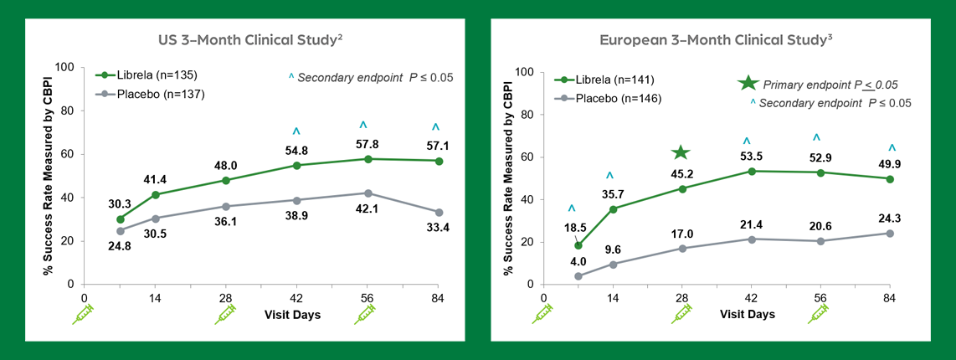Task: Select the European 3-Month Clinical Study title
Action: [715, 39]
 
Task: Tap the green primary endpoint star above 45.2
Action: [681, 152]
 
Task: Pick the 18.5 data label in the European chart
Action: [575, 229]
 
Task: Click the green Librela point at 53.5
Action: [752, 171]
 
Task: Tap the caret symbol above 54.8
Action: [296, 132]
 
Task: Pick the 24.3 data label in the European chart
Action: [891, 219]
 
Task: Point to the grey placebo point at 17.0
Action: [682, 249]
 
